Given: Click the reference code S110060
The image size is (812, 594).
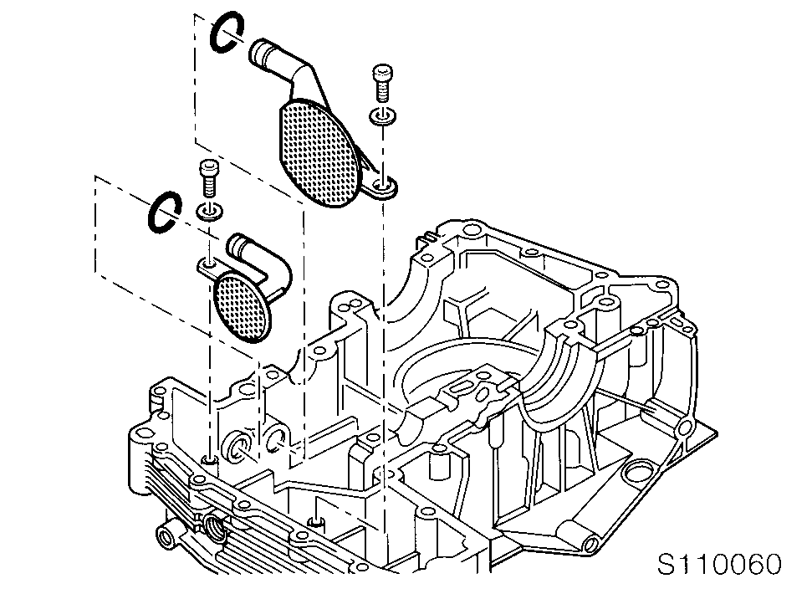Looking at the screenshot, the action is coord(719,564).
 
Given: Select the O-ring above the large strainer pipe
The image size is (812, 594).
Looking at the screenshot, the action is coord(227,32).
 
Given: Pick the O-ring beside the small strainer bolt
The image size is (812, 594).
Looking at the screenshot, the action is coord(164,213).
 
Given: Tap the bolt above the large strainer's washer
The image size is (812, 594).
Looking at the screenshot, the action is coord(382,83).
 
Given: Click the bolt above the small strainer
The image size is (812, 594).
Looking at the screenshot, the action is coord(208,177).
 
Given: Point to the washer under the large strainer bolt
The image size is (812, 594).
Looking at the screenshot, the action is coord(383,116).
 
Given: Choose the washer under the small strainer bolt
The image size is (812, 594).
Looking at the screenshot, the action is coord(209,210).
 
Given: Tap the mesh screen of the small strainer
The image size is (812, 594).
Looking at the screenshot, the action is coord(243,308).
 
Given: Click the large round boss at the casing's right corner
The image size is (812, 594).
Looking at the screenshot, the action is coord(638,473).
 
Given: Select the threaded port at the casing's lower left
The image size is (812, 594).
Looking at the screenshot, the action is coord(214,527).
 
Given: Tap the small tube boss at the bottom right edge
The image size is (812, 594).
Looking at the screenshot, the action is coord(590,544).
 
